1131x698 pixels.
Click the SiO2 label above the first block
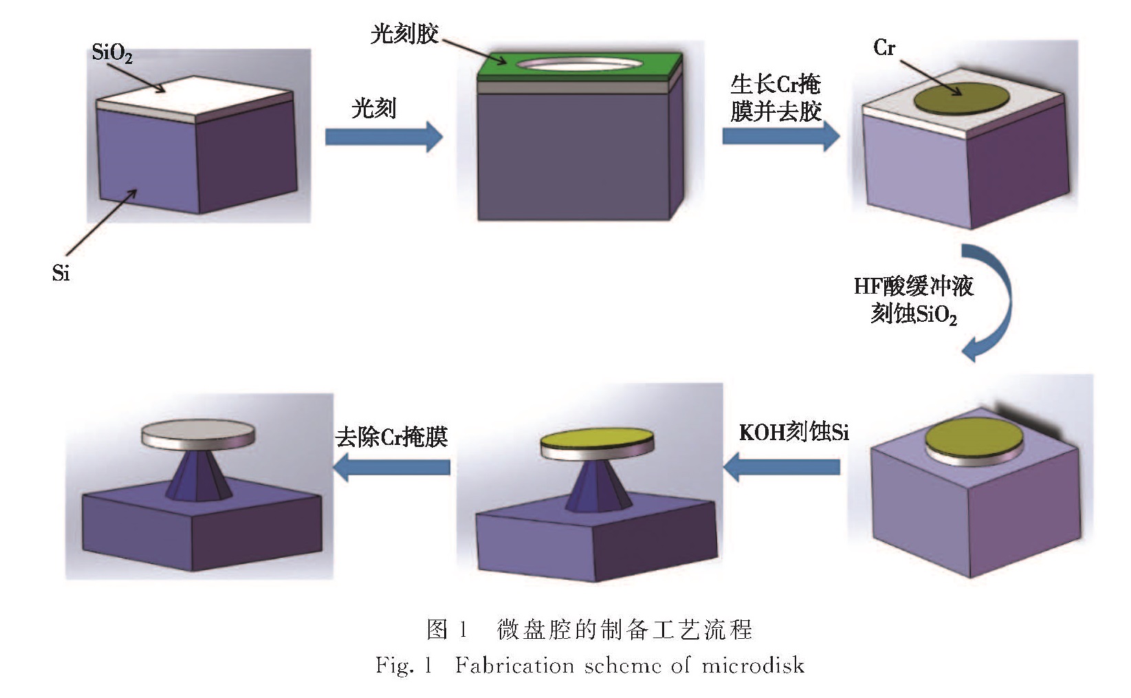[x=111, y=53]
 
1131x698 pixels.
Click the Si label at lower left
[x=61, y=274]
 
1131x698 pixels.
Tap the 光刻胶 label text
[x=404, y=34]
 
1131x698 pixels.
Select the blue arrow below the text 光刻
[x=384, y=136]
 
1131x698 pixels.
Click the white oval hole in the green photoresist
[x=580, y=64]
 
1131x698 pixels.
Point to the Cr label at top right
[x=884, y=48]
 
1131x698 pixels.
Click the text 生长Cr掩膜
[x=776, y=85]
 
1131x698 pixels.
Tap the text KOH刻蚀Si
[x=793, y=433]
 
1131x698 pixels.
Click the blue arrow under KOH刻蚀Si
[x=782, y=467]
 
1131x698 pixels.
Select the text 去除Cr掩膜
[x=392, y=437]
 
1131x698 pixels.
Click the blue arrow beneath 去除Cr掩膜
[x=392, y=467]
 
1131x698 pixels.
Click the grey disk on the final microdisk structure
[x=198, y=433]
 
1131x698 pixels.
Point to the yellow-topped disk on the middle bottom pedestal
[x=596, y=444]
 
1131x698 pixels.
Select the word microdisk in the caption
[x=752, y=666]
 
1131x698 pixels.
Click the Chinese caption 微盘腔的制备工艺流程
[x=624, y=629]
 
